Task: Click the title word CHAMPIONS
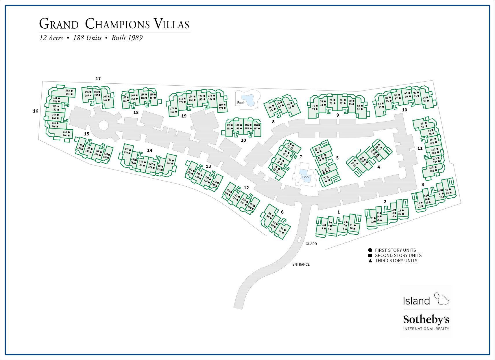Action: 117,24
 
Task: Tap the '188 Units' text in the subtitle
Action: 87,38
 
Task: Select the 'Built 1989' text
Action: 127,38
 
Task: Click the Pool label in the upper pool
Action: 241,103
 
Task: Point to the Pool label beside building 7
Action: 306,177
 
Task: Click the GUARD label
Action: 311,244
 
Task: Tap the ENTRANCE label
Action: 301,265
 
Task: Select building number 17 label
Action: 98,79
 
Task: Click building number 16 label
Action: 36,111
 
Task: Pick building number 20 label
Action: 243,140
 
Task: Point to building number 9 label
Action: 337,115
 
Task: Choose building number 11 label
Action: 420,148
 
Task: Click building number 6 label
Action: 282,212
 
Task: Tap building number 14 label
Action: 149,150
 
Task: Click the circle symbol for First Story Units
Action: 370,250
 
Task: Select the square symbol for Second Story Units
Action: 370,256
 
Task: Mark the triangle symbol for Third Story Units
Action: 370,261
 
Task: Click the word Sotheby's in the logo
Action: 426,319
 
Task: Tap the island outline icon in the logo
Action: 442,299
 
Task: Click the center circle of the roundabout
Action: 104,125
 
